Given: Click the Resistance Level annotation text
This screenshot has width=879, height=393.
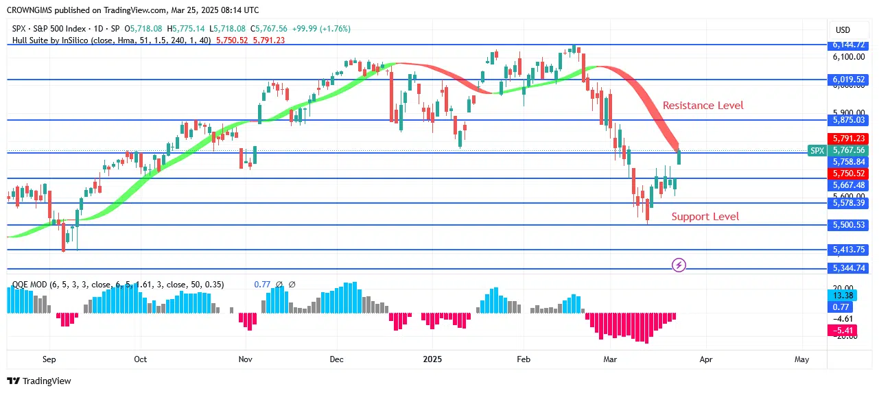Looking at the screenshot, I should pyautogui.click(x=703, y=106).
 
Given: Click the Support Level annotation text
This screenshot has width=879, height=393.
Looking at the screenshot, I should pyautogui.click(x=705, y=217).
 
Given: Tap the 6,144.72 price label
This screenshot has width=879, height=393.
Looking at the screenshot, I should pyautogui.click(x=848, y=45).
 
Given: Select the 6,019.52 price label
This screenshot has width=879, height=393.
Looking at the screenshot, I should pyautogui.click(x=848, y=80).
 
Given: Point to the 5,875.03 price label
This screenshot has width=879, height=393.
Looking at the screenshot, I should pyautogui.click(x=848, y=120).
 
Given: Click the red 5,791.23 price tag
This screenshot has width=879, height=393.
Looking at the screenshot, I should pyautogui.click(x=848, y=138).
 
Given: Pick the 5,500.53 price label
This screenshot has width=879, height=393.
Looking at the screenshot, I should pyautogui.click(x=848, y=225).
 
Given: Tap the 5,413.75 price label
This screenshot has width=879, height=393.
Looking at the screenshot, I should pyautogui.click(x=848, y=250).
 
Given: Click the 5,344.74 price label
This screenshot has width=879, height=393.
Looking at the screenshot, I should pyautogui.click(x=848, y=268).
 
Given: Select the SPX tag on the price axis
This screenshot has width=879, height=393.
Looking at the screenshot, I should pyautogui.click(x=817, y=150).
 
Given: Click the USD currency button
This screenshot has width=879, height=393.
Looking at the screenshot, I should pyautogui.click(x=843, y=30).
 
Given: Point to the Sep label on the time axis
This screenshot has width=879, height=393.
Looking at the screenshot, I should pyautogui.click(x=49, y=359).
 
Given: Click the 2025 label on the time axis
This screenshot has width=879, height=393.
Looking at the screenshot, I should pyautogui.click(x=432, y=359).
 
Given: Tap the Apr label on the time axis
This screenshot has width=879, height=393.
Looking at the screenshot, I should pyautogui.click(x=705, y=359).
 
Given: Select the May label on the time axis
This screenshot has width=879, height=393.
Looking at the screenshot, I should pyautogui.click(x=801, y=359).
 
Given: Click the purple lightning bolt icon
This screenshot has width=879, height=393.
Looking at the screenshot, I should pyautogui.click(x=679, y=265).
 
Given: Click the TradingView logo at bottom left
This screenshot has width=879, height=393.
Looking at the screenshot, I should pyautogui.click(x=39, y=381).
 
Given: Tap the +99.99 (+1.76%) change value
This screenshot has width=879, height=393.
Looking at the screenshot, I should pyautogui.click(x=321, y=29).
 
